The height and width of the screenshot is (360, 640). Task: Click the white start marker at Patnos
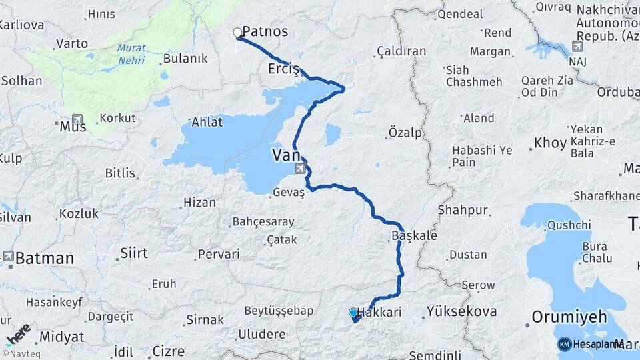[x=237, y=32]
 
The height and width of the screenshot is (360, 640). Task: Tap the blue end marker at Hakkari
[x=353, y=312]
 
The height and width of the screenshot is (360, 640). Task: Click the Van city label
[x=285, y=155]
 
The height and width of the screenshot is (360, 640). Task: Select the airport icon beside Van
[x=299, y=169]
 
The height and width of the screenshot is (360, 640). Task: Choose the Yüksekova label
[x=461, y=311]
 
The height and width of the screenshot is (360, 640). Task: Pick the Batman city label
[x=45, y=258]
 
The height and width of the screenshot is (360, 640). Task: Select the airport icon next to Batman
[x=8, y=256]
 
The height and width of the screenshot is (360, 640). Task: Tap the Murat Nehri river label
[x=131, y=53]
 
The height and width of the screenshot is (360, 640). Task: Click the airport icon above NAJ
[x=577, y=47]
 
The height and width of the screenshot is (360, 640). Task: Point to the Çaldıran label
[x=401, y=51]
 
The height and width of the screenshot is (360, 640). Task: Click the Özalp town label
[x=405, y=133]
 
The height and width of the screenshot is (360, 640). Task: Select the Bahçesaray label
[x=262, y=221]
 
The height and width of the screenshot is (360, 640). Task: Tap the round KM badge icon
[x=565, y=344]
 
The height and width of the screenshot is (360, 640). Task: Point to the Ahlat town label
[x=207, y=121]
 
